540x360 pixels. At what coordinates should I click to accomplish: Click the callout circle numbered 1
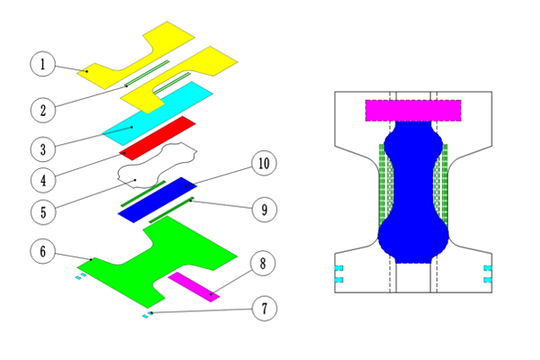click(x=42, y=64)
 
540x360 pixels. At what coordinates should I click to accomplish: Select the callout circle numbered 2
click(x=42, y=110)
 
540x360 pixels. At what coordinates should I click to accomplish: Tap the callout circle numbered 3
click(x=42, y=146)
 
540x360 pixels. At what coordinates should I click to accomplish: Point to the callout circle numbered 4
click(x=42, y=178)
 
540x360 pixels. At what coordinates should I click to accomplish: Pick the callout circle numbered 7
click(x=264, y=309)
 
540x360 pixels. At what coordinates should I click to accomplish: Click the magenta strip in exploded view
click(x=193, y=285)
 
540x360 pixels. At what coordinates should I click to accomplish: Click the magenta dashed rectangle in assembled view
click(x=413, y=110)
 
